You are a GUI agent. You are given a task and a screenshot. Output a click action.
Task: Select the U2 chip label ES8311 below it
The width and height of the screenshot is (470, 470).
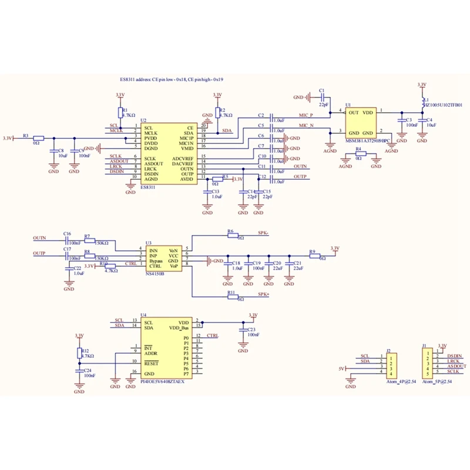pos(148,188)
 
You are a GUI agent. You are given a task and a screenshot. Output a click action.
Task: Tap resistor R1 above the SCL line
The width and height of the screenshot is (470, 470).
pos(120,112)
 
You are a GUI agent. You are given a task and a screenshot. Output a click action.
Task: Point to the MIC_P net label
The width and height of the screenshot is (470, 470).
pos(305,116)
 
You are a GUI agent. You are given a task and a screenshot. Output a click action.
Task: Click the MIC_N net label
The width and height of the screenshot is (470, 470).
pos(305,126)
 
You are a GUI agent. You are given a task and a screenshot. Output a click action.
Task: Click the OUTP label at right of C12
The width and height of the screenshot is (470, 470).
pos(301,177)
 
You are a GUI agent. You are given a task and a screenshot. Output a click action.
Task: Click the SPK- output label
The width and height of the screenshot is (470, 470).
pos(263,233)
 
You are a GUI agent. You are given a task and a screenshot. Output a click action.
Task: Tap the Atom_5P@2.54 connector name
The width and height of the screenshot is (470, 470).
pos(437,382)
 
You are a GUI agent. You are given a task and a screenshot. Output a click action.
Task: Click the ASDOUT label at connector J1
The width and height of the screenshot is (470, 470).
pos(456,366)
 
